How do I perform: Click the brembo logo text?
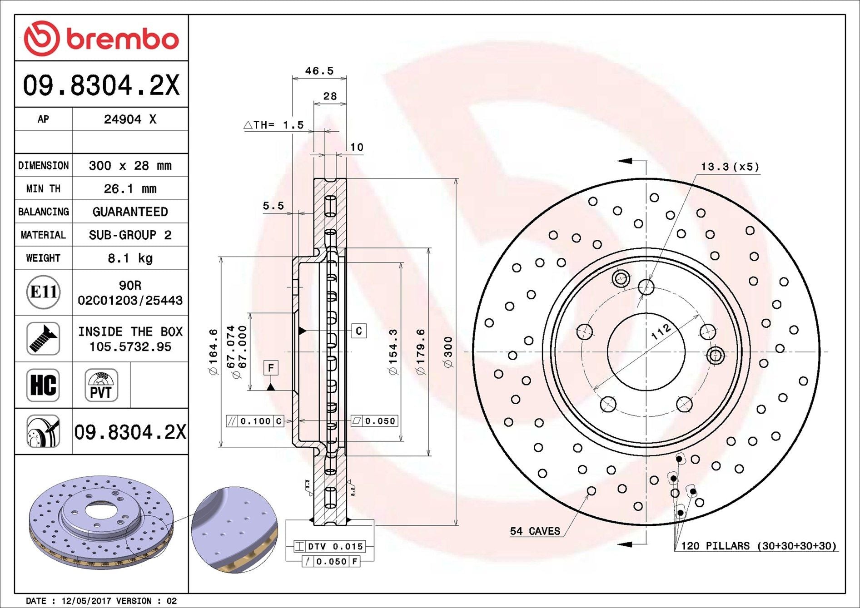tap(123, 39)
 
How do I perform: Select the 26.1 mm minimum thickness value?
tap(130, 188)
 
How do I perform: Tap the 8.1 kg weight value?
tap(130, 258)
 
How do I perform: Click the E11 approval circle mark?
tap(43, 292)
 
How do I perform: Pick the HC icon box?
tap(43, 385)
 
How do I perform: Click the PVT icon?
tap(101, 385)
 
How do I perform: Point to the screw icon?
tap(43, 339)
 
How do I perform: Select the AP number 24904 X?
tap(130, 119)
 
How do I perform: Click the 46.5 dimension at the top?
tap(319, 71)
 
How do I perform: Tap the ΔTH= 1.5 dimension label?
tap(274, 125)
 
